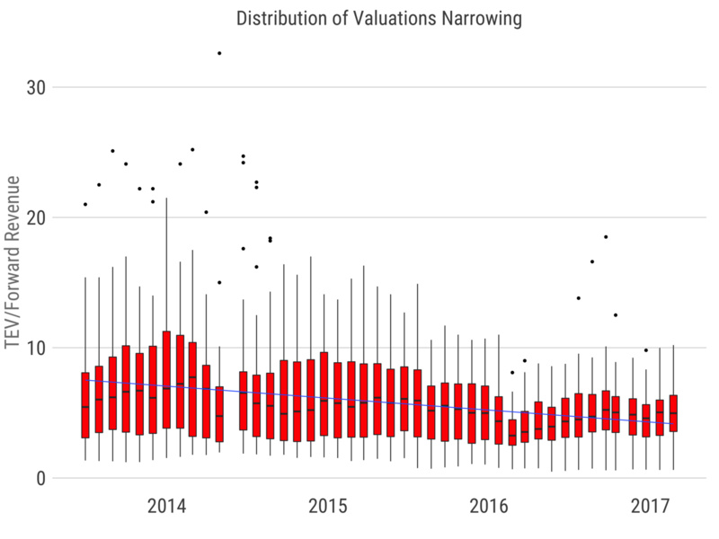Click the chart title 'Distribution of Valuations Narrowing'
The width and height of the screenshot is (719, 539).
click(377, 17)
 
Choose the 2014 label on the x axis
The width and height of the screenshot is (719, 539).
click(166, 507)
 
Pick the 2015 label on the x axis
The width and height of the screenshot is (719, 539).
click(328, 507)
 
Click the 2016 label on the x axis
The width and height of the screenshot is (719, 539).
click(490, 507)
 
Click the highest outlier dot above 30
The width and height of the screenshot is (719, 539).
click(219, 53)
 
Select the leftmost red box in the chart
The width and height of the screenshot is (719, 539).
click(85, 404)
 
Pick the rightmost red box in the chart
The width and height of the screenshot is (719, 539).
click(673, 413)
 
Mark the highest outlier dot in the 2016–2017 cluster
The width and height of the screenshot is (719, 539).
click(606, 236)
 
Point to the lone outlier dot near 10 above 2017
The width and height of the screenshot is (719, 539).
click(645, 350)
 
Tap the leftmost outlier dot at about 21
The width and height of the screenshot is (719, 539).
click(85, 204)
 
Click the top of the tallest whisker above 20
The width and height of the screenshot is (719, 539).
click(166, 199)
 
